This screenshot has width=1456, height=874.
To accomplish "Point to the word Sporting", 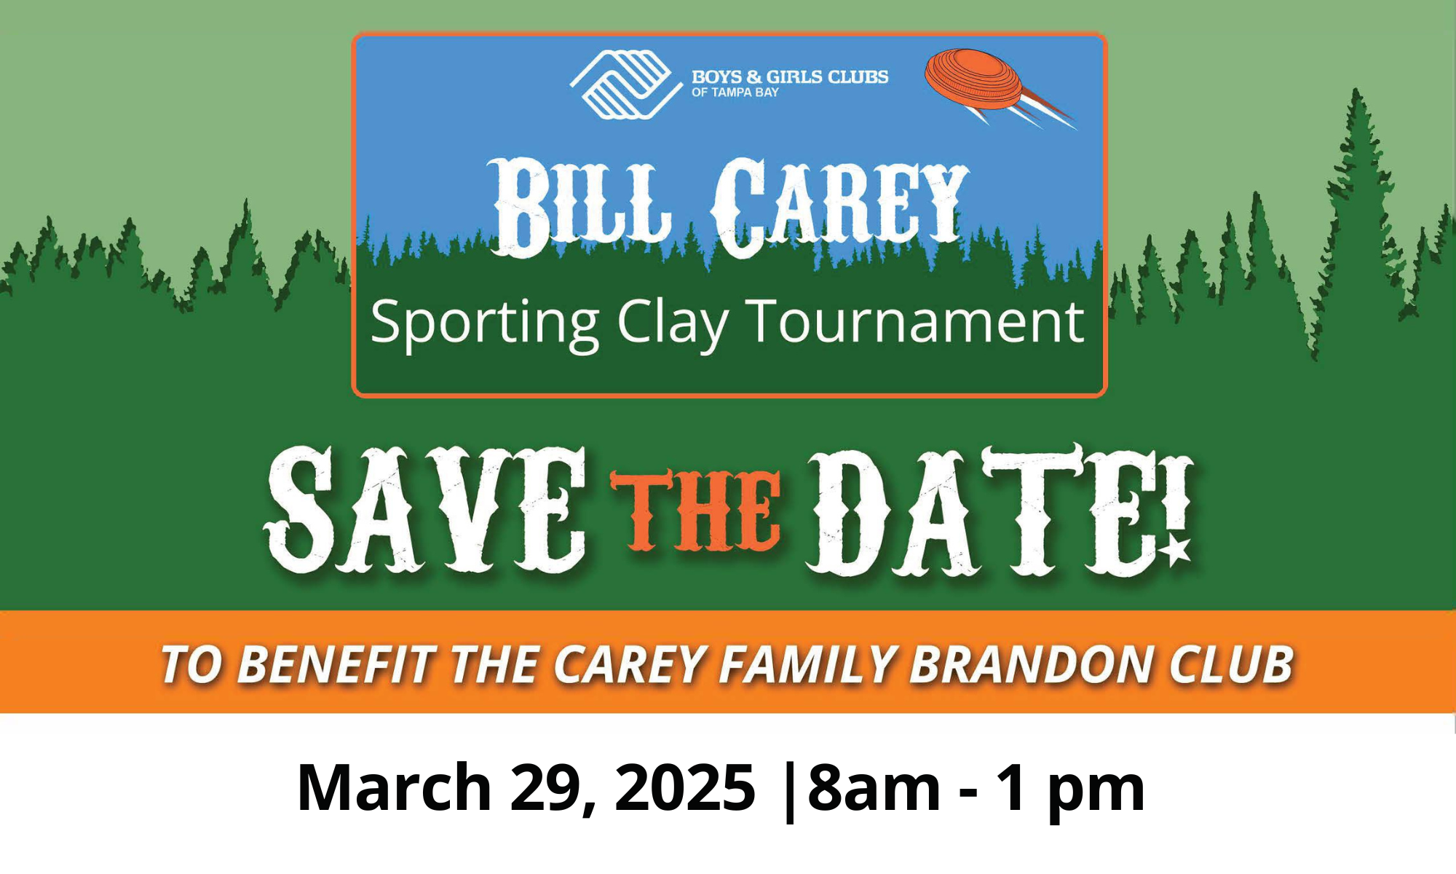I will point(484,323).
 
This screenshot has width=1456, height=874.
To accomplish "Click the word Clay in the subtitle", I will point(672,323).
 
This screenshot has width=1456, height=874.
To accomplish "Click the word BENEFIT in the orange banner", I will point(336,664).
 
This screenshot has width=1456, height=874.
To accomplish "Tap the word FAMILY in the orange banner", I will point(807,664).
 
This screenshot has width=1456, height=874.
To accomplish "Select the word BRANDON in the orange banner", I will point(1031,664).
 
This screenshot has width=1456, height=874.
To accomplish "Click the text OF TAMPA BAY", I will point(735,92).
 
